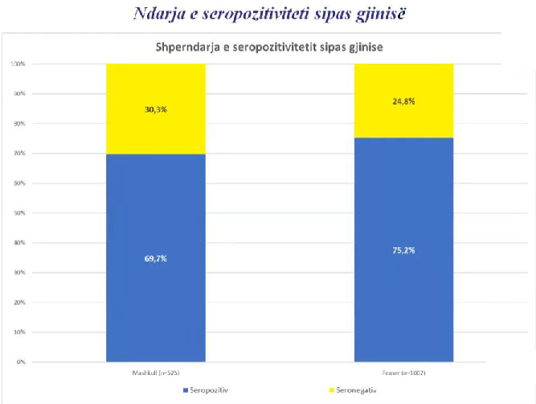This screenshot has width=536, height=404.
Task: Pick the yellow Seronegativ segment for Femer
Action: tap(403, 121)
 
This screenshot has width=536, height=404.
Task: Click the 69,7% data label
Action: tap(155, 258)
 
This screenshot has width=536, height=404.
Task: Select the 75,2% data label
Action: tap(403, 249)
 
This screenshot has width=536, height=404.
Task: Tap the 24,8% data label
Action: tap(403, 102)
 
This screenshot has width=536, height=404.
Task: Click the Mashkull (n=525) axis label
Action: tap(156, 373)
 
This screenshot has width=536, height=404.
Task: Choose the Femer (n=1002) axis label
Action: tap(403, 373)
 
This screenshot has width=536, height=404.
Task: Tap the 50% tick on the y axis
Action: tap(18, 213)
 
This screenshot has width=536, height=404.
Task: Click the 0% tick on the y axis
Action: tap(20, 362)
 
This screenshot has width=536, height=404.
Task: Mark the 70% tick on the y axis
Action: tap(18, 153)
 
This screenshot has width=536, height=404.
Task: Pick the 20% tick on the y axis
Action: tap(18, 303)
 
